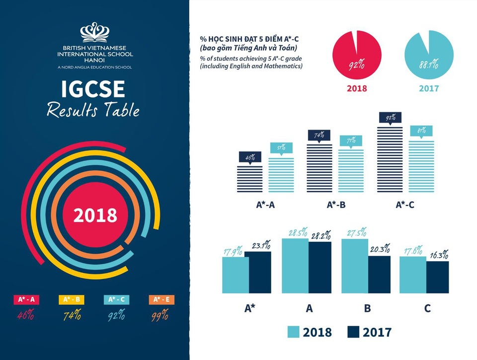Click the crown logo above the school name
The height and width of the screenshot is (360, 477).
[x=95, y=32]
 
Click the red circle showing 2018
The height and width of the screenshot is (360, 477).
[x=95, y=215]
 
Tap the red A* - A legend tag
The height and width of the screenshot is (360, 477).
[x=27, y=299]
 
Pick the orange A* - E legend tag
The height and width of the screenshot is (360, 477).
[x=161, y=299]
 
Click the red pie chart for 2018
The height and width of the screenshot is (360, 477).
[x=356, y=55]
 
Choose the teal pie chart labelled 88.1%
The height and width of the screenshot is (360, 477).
[x=429, y=55]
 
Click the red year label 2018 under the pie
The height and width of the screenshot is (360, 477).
[x=356, y=88]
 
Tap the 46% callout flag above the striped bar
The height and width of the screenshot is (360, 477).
[x=249, y=157]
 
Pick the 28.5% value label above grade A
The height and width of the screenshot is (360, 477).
[x=297, y=232]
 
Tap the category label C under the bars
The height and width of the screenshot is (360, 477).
[x=427, y=308]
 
